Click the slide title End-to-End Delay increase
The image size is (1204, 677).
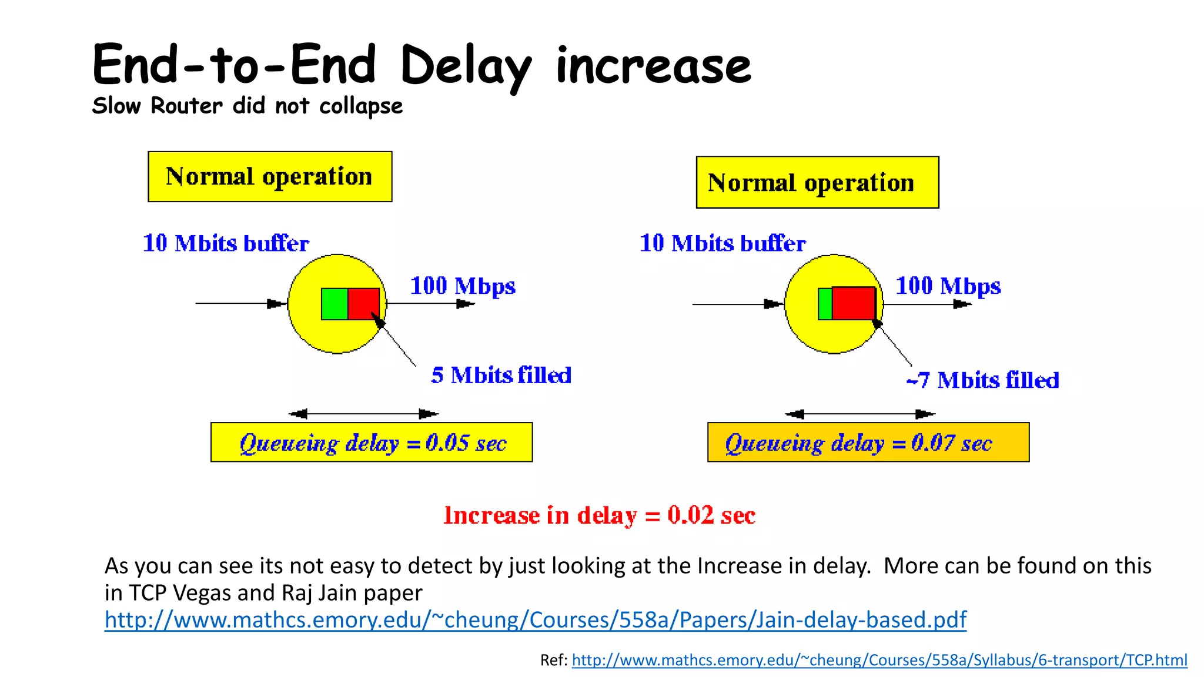[421, 65]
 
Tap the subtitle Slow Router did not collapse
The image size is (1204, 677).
[247, 106]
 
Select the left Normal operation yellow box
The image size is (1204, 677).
[270, 177]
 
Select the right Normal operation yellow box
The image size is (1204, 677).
[817, 182]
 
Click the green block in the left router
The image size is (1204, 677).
[335, 304]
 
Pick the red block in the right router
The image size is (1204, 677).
[854, 303]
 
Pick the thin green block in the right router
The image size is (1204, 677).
[825, 304]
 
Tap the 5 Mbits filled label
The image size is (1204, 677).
[501, 375]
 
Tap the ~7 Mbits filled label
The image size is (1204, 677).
[982, 380]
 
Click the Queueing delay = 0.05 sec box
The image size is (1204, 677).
[372, 443]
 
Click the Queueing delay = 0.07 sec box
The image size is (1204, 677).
[868, 443]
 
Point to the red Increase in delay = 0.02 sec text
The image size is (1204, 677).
[599, 515]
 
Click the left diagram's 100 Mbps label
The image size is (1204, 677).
[463, 286]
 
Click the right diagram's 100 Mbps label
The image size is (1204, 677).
[948, 286]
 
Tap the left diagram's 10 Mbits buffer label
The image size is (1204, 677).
[226, 243]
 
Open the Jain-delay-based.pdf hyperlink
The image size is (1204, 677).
[535, 619]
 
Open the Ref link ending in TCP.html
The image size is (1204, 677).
[879, 660]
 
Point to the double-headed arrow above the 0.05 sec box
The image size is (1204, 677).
[363, 414]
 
